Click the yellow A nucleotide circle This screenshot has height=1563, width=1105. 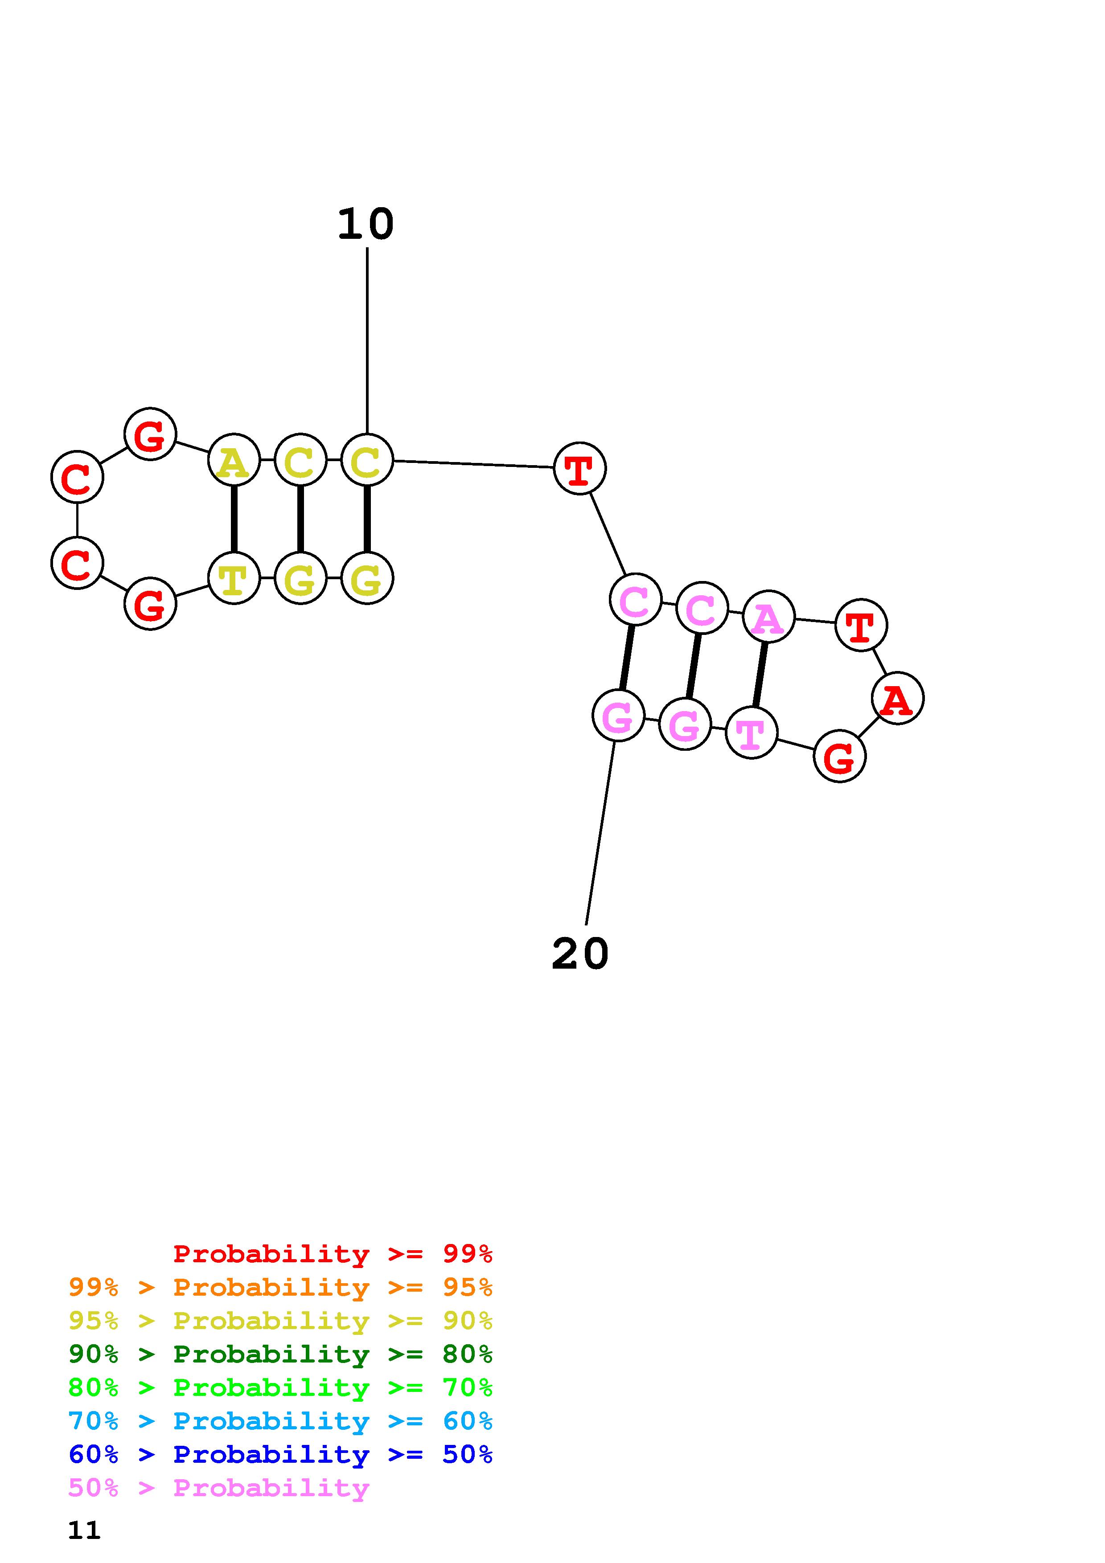point(234,460)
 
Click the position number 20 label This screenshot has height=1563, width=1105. point(579,954)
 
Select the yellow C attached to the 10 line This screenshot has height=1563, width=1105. point(367,460)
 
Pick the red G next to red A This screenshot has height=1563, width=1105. point(839,756)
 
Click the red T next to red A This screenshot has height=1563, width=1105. point(861,625)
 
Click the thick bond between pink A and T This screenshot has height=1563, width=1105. point(760,675)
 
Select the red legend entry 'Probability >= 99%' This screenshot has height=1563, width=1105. point(332,1254)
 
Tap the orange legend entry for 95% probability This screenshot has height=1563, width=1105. point(280,1287)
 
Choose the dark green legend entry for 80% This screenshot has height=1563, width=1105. point(280,1354)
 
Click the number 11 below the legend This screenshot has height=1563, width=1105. point(84,1530)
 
